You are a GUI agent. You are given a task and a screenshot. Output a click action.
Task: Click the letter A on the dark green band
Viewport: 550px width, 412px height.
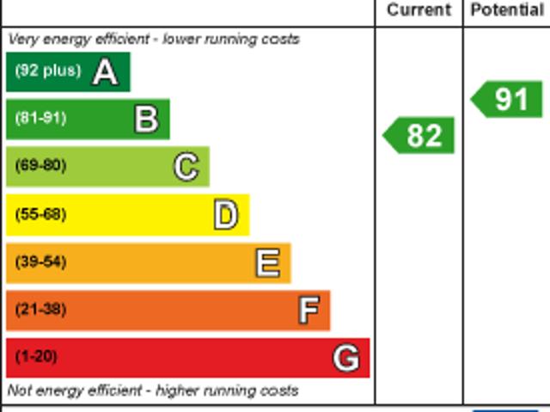pyautogui.click(x=105, y=72)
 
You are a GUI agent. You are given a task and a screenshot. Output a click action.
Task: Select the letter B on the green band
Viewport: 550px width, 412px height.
pyautogui.click(x=146, y=120)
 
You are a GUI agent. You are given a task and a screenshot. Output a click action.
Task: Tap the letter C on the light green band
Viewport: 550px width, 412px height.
pyautogui.click(x=186, y=167)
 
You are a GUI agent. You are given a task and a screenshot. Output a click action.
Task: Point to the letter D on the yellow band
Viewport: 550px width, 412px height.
pyautogui.click(x=225, y=215)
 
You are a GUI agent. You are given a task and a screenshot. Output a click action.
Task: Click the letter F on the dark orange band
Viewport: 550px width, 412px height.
pyautogui.click(x=308, y=310)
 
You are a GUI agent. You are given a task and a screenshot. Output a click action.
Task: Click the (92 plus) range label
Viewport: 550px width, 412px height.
pyautogui.click(x=47, y=71)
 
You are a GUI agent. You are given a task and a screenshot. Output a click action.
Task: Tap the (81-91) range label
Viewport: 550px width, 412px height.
pyautogui.click(x=40, y=118)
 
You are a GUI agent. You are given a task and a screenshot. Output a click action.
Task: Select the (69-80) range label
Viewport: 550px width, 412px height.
pyautogui.click(x=40, y=165)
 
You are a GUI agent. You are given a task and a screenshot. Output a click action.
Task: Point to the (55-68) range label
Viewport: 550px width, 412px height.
pyautogui.click(x=40, y=214)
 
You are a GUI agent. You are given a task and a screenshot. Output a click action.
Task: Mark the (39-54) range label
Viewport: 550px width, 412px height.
pyautogui.click(x=40, y=261)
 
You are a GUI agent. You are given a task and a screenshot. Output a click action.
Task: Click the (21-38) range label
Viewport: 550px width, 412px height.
pyautogui.click(x=40, y=309)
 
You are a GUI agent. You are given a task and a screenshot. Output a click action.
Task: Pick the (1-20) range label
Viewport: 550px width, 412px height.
pyautogui.click(x=36, y=356)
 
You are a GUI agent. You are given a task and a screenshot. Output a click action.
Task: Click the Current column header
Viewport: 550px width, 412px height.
pyautogui.click(x=419, y=10)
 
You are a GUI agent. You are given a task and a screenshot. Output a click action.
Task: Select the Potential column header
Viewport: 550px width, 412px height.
pyautogui.click(x=507, y=10)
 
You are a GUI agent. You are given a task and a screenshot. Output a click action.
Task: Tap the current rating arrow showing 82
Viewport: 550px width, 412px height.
pyautogui.click(x=419, y=136)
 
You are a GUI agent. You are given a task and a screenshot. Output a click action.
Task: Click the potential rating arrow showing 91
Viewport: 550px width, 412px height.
pyautogui.click(x=508, y=99)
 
